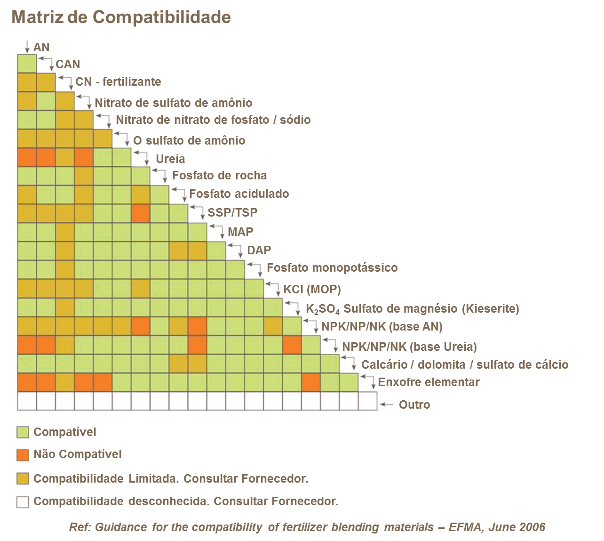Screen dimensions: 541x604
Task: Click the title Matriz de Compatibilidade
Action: click(x=121, y=17)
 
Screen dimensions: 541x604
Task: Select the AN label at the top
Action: click(x=41, y=47)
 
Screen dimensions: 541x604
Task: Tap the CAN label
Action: click(x=68, y=64)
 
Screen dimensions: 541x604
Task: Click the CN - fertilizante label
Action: click(x=118, y=81)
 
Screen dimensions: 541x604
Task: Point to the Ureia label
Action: click(x=170, y=159)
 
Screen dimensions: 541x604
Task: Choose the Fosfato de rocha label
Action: click(x=219, y=176)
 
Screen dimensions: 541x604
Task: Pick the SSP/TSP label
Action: click(x=232, y=212)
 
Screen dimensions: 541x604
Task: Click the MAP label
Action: click(x=240, y=232)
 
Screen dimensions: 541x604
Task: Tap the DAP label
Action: click(x=259, y=250)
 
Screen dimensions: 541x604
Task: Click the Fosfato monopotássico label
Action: click(x=332, y=268)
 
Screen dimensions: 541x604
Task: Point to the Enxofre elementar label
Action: click(x=429, y=382)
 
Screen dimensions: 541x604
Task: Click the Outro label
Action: click(x=414, y=404)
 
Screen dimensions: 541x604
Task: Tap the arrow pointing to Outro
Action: click(x=386, y=404)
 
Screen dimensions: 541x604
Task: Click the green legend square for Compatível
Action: click(x=23, y=432)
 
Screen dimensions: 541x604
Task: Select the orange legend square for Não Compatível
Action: click(x=23, y=455)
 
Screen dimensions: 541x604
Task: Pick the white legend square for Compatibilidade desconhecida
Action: click(x=23, y=501)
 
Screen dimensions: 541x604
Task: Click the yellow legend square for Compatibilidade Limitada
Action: click(x=23, y=479)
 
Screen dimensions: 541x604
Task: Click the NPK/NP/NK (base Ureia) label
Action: click(x=409, y=347)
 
